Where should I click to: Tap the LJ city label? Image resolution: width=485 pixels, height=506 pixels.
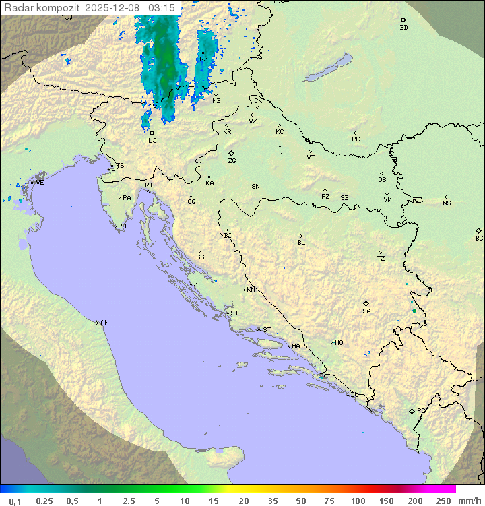tap(152, 141)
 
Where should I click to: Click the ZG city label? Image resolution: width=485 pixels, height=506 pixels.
tap(232, 161)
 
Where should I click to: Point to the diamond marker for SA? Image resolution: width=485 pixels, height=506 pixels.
tap(366, 303)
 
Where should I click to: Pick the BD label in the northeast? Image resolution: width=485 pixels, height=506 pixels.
tap(403, 28)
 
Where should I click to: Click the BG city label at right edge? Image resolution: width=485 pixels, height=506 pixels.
tap(479, 239)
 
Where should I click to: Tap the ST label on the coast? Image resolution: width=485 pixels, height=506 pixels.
tap(267, 330)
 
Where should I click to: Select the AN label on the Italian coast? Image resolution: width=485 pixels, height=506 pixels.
tap(104, 323)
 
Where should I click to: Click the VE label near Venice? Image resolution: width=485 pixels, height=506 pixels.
tap(40, 183)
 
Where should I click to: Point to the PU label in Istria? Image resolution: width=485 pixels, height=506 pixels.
tap(122, 226)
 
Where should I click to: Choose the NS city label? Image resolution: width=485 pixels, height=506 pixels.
tap(447, 203)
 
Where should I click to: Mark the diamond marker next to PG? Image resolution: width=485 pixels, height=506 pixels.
tap(412, 411)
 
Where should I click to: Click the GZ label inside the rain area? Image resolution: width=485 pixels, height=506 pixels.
tap(203, 59)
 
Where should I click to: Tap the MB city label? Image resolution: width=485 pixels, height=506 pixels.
tap(216, 101)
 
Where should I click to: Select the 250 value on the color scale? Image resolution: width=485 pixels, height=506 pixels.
tap(443, 501)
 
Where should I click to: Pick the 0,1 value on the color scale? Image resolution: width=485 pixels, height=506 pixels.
tap(15, 501)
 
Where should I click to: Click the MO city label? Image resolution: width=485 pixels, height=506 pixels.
tap(339, 343)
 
